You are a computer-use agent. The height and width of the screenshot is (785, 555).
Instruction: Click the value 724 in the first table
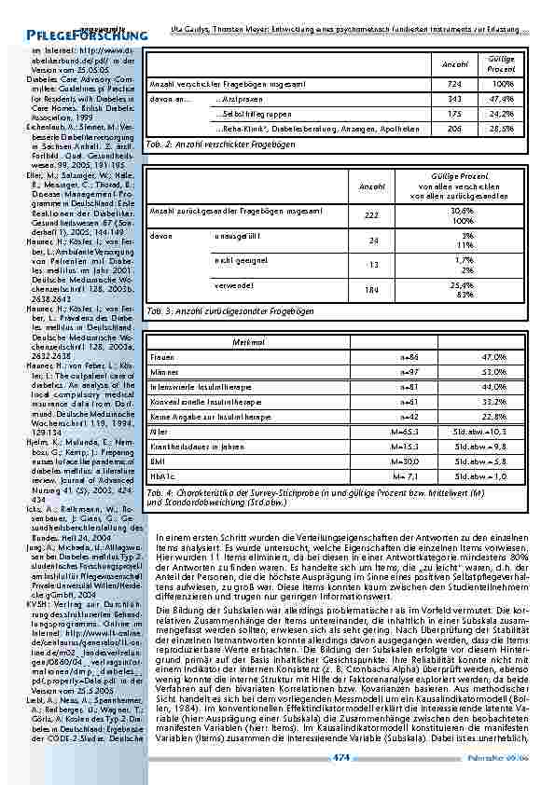pyautogui.click(x=454, y=84)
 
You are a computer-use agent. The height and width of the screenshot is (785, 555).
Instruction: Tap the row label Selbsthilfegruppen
pyautogui.click(x=249, y=114)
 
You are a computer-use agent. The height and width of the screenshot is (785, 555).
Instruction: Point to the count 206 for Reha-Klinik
pyautogui.click(x=454, y=130)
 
